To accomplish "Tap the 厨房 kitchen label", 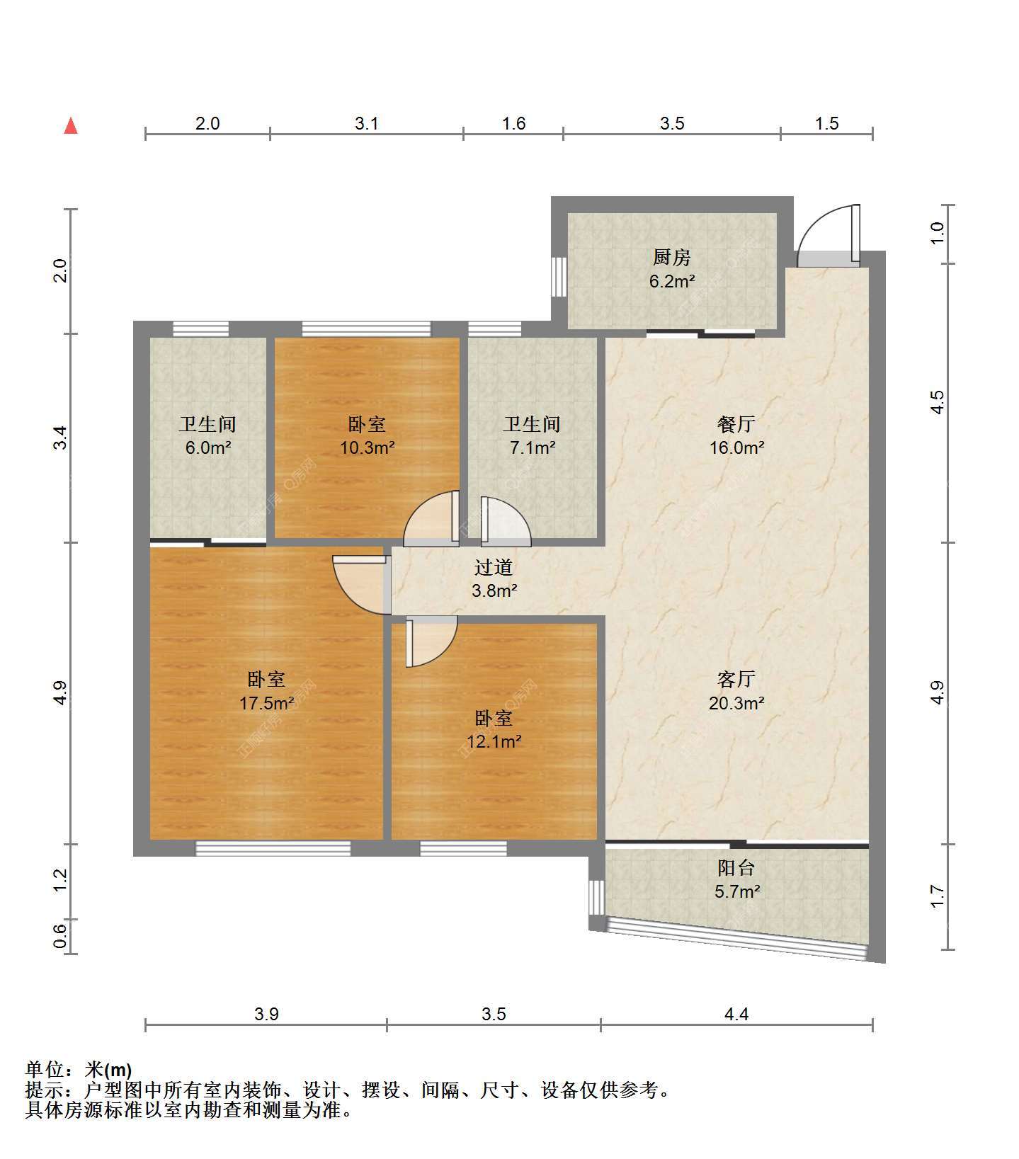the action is tap(671, 257).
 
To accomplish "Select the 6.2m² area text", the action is tap(671, 281).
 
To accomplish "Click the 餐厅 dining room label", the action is tap(736, 424).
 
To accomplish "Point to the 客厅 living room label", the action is tap(736, 679).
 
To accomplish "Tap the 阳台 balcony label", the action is tap(736, 867).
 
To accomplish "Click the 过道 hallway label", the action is tap(494, 567).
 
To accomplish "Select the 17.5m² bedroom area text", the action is tap(267, 703).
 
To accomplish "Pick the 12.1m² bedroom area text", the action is tap(494, 742).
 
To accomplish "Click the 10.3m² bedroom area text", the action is tap(367, 447).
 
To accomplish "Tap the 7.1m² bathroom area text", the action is tap(532, 447).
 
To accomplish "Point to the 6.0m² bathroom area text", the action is tap(207, 447).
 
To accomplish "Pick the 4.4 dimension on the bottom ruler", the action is tap(736, 1015).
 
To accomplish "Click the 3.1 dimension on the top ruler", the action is tap(367, 124).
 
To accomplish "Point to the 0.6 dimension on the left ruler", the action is tap(61, 936).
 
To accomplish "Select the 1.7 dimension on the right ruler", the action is tap(938, 897).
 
